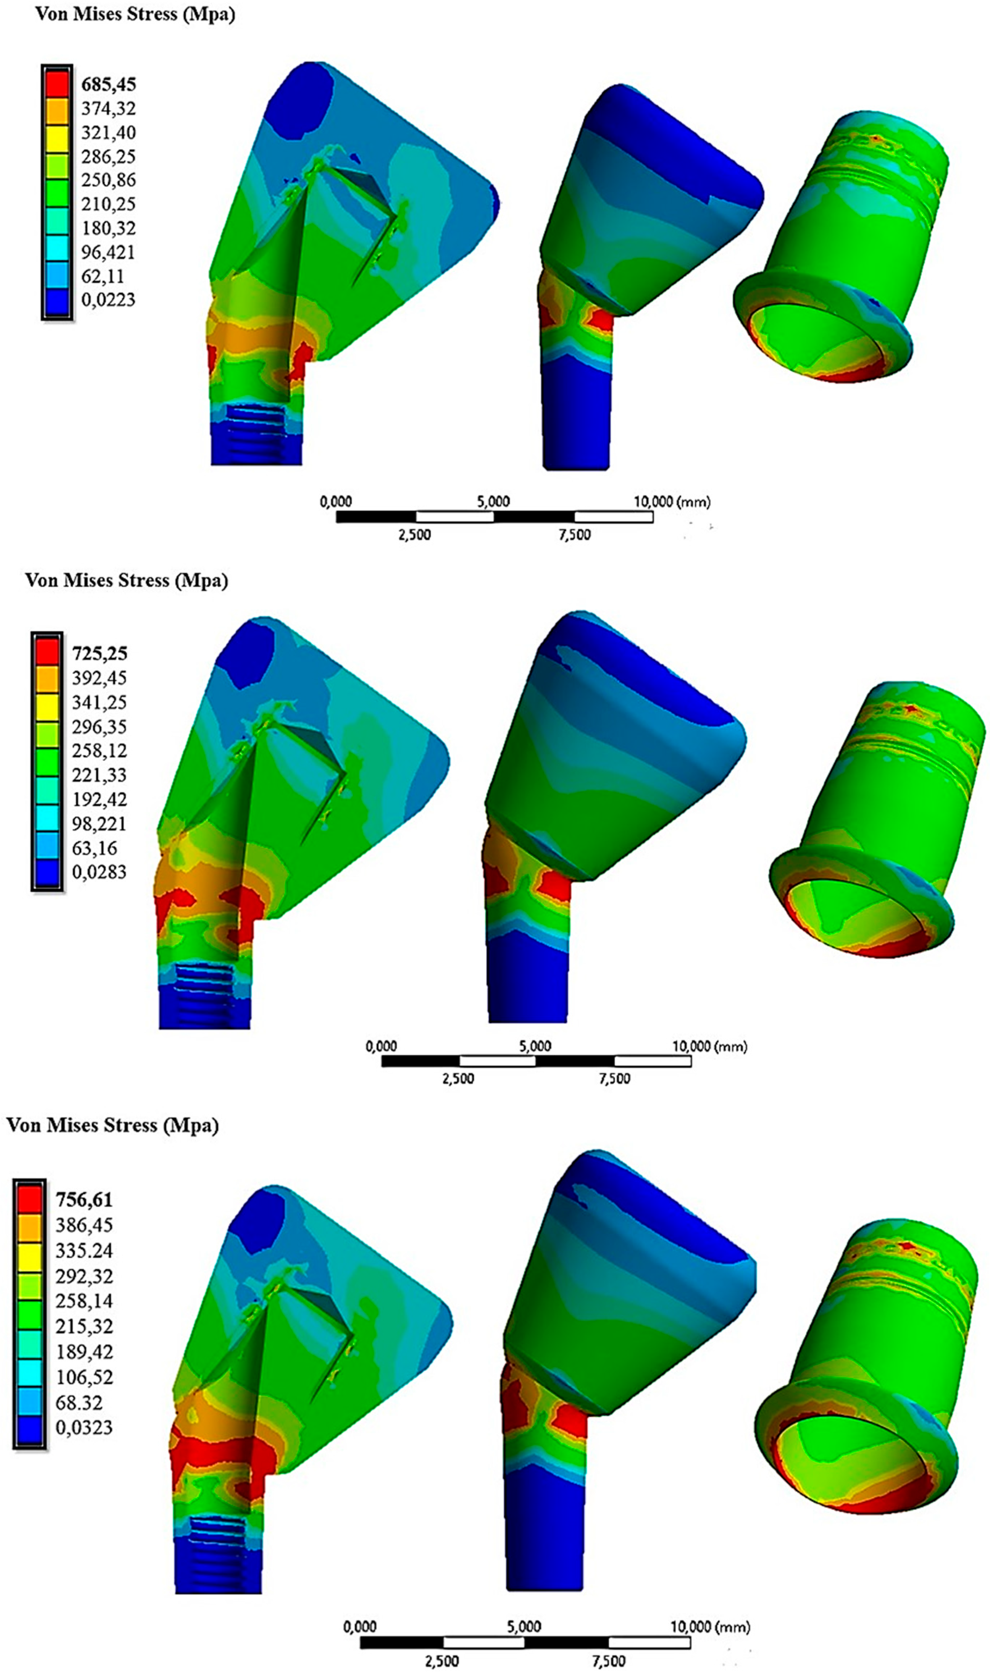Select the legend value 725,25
99,653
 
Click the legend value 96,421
108,252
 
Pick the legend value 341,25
99,702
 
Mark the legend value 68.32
79,1403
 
